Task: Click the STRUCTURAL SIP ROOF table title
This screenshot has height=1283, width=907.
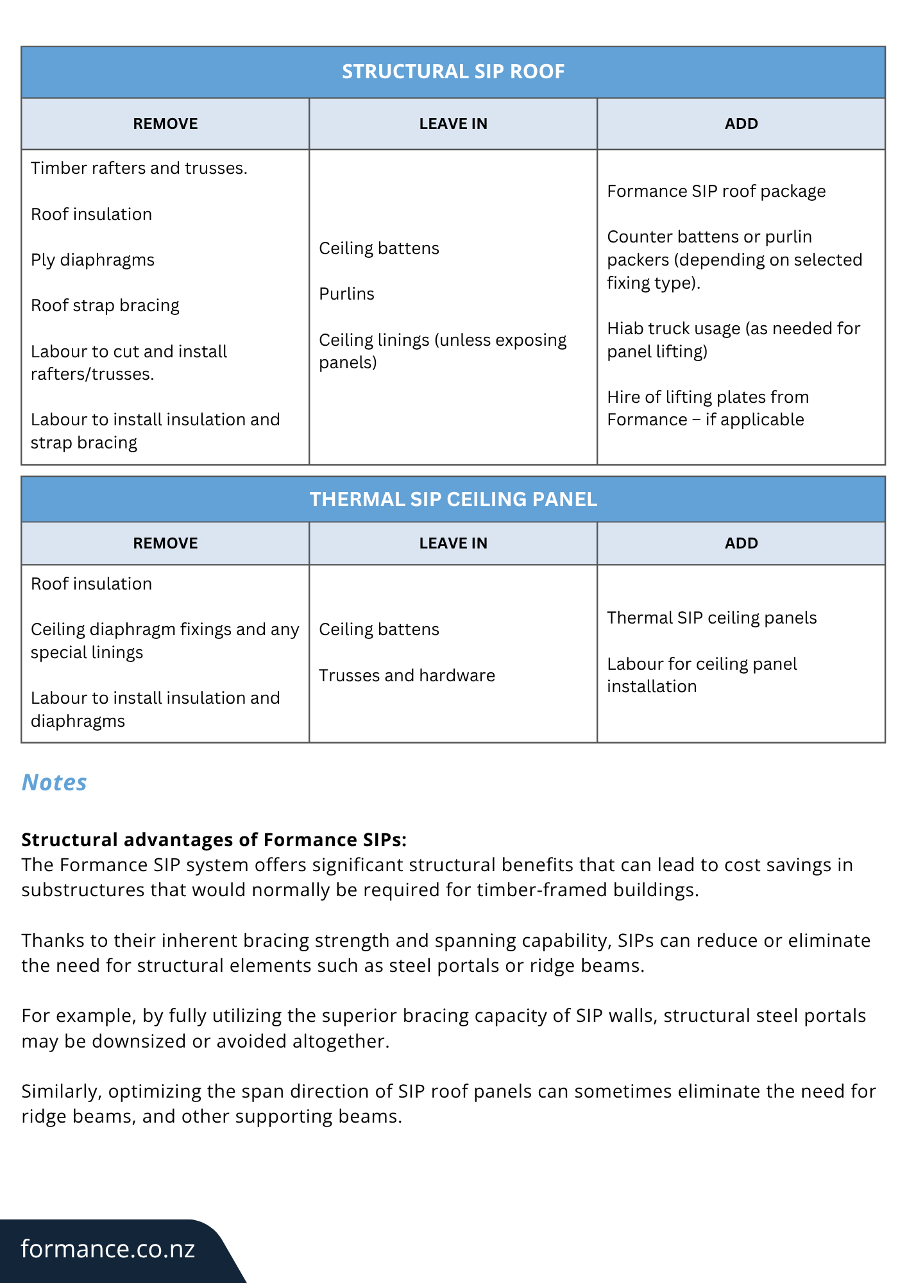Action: (x=453, y=71)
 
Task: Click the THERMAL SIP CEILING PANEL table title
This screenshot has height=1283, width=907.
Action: (x=453, y=499)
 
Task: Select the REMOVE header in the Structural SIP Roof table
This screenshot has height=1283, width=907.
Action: (x=165, y=124)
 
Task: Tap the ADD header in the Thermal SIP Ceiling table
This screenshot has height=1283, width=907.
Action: (x=741, y=543)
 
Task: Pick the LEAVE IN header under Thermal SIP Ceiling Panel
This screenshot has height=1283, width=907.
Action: (x=453, y=543)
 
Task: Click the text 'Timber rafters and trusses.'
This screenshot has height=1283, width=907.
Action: (x=139, y=168)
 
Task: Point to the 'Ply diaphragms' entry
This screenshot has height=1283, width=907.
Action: (x=92, y=260)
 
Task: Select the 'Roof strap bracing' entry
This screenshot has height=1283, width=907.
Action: (x=105, y=305)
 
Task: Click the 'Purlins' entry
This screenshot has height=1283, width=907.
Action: (x=346, y=294)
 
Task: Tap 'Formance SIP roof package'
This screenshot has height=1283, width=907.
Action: (x=716, y=191)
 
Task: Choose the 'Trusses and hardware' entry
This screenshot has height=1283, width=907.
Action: (x=407, y=675)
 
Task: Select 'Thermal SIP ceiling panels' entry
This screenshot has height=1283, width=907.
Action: (x=711, y=618)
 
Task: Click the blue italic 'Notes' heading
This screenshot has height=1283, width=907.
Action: (x=54, y=783)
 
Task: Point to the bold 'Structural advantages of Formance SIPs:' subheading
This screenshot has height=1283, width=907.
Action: (x=214, y=840)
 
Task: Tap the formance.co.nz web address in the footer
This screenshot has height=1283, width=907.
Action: (x=108, y=1249)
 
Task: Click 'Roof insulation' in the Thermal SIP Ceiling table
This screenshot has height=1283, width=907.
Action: (x=91, y=584)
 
